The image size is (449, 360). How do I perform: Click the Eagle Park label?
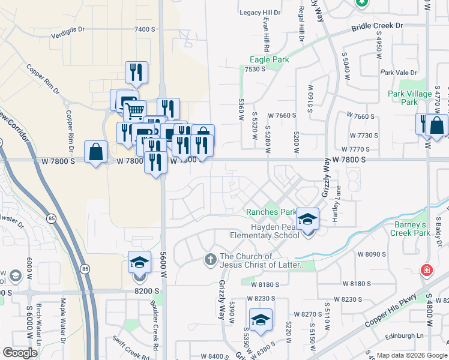pos(270,59)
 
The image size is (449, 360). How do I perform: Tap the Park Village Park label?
pos(410,98)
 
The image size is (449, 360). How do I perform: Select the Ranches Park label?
pos(271,212)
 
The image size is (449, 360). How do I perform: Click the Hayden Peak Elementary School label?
pos(266,232)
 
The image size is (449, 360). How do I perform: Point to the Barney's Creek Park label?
pos(412,229)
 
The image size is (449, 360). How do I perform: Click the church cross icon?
pos(210,260)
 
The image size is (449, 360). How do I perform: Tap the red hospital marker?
pos(427,270)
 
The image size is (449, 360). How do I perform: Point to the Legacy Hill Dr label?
pos(260,13)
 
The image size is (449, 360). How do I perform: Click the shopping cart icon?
pos(134,110)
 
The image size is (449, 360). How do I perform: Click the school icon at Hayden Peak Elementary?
pos(308,219)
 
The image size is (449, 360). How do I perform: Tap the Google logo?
pos(20,353)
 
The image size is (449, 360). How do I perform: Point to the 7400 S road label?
pos(145,29)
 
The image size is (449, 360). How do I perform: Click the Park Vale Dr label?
pos(399,73)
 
